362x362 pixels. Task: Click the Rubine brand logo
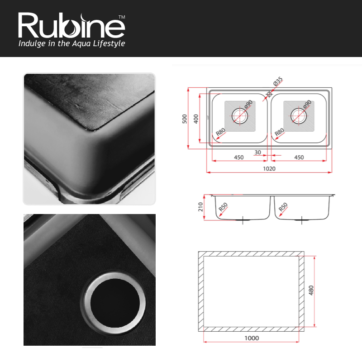[71, 25]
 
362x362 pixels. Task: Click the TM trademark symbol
[122, 17]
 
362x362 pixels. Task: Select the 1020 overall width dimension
[269, 168]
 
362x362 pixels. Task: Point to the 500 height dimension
[185, 119]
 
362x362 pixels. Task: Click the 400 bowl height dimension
[196, 119]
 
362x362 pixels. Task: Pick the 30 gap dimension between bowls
[257, 152]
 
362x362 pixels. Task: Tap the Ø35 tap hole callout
[278, 81]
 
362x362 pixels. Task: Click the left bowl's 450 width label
[239, 157]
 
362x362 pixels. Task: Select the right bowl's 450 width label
[299, 157]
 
